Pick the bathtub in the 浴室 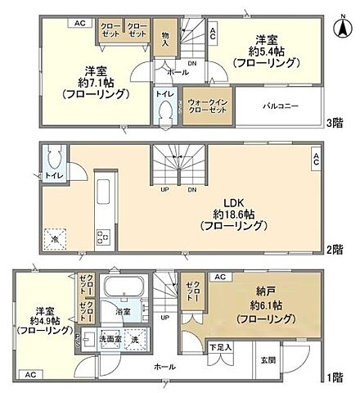coord(126,289)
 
